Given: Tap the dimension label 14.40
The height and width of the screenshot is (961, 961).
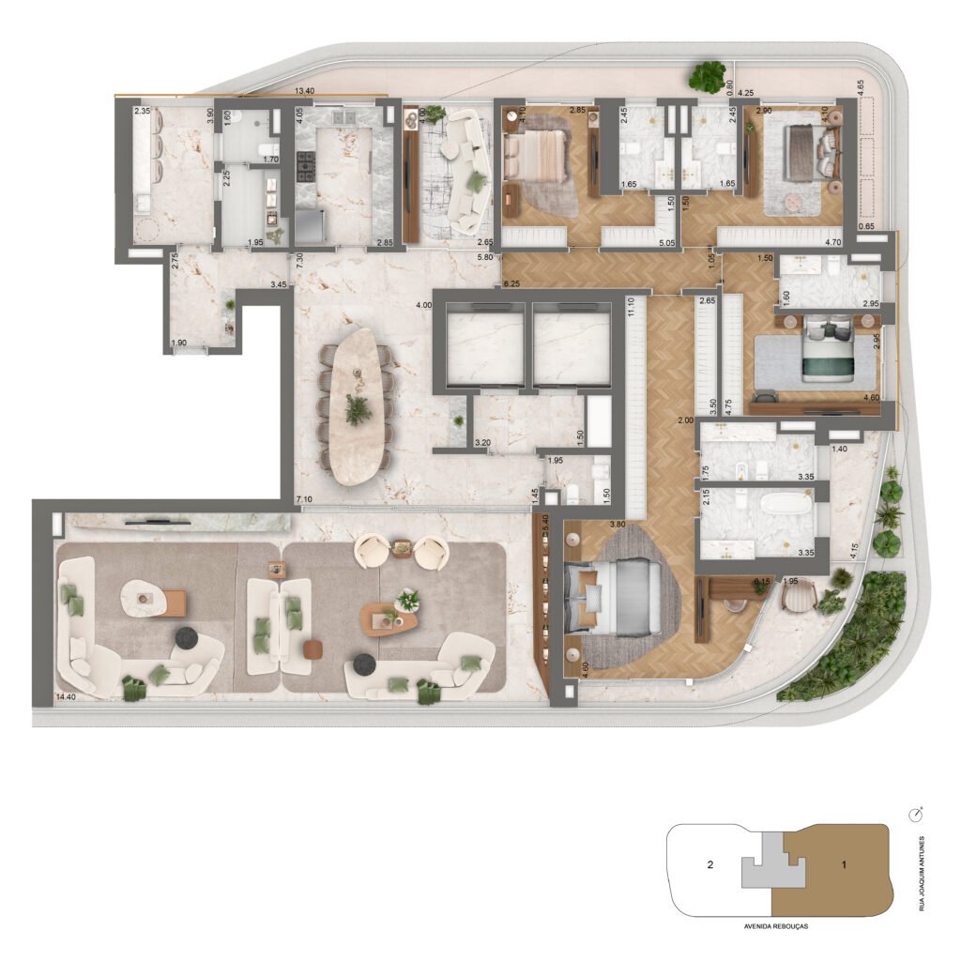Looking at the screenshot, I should click(66, 697).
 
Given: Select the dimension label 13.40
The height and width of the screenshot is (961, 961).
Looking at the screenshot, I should click(304, 91).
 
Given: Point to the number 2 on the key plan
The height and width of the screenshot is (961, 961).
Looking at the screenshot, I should click(710, 865).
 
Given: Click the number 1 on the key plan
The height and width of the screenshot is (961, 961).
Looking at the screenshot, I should click(844, 864).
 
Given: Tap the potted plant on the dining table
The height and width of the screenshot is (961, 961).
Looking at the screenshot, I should click(358, 408).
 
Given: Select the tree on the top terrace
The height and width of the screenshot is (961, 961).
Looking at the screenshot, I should click(707, 76).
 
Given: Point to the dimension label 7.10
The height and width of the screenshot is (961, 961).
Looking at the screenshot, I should click(303, 498).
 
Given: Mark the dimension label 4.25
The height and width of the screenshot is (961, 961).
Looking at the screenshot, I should click(747, 93).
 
